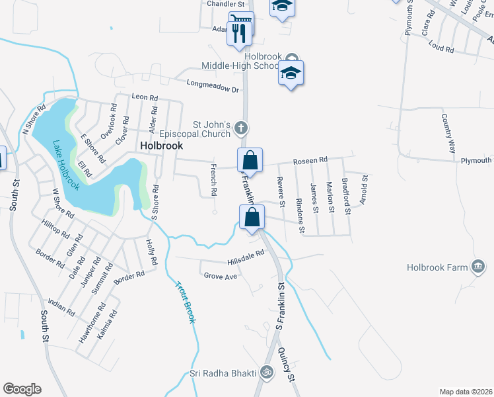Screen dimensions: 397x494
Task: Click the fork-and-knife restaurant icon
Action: coord(236,32)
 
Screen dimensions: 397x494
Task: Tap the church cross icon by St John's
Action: coord(242,127)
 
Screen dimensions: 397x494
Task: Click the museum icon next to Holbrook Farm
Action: coord(477,267)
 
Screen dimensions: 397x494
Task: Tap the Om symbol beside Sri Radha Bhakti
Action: coord(266,373)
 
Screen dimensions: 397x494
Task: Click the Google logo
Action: coord(22,389)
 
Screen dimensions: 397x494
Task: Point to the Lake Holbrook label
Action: coord(66,165)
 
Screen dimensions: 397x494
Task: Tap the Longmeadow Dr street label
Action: coord(212,87)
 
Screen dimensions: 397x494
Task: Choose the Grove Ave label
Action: coord(220,275)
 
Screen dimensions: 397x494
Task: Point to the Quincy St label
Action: coord(285,364)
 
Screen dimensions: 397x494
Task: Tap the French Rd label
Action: coord(213,179)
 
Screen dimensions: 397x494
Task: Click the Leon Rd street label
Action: coord(145,97)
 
